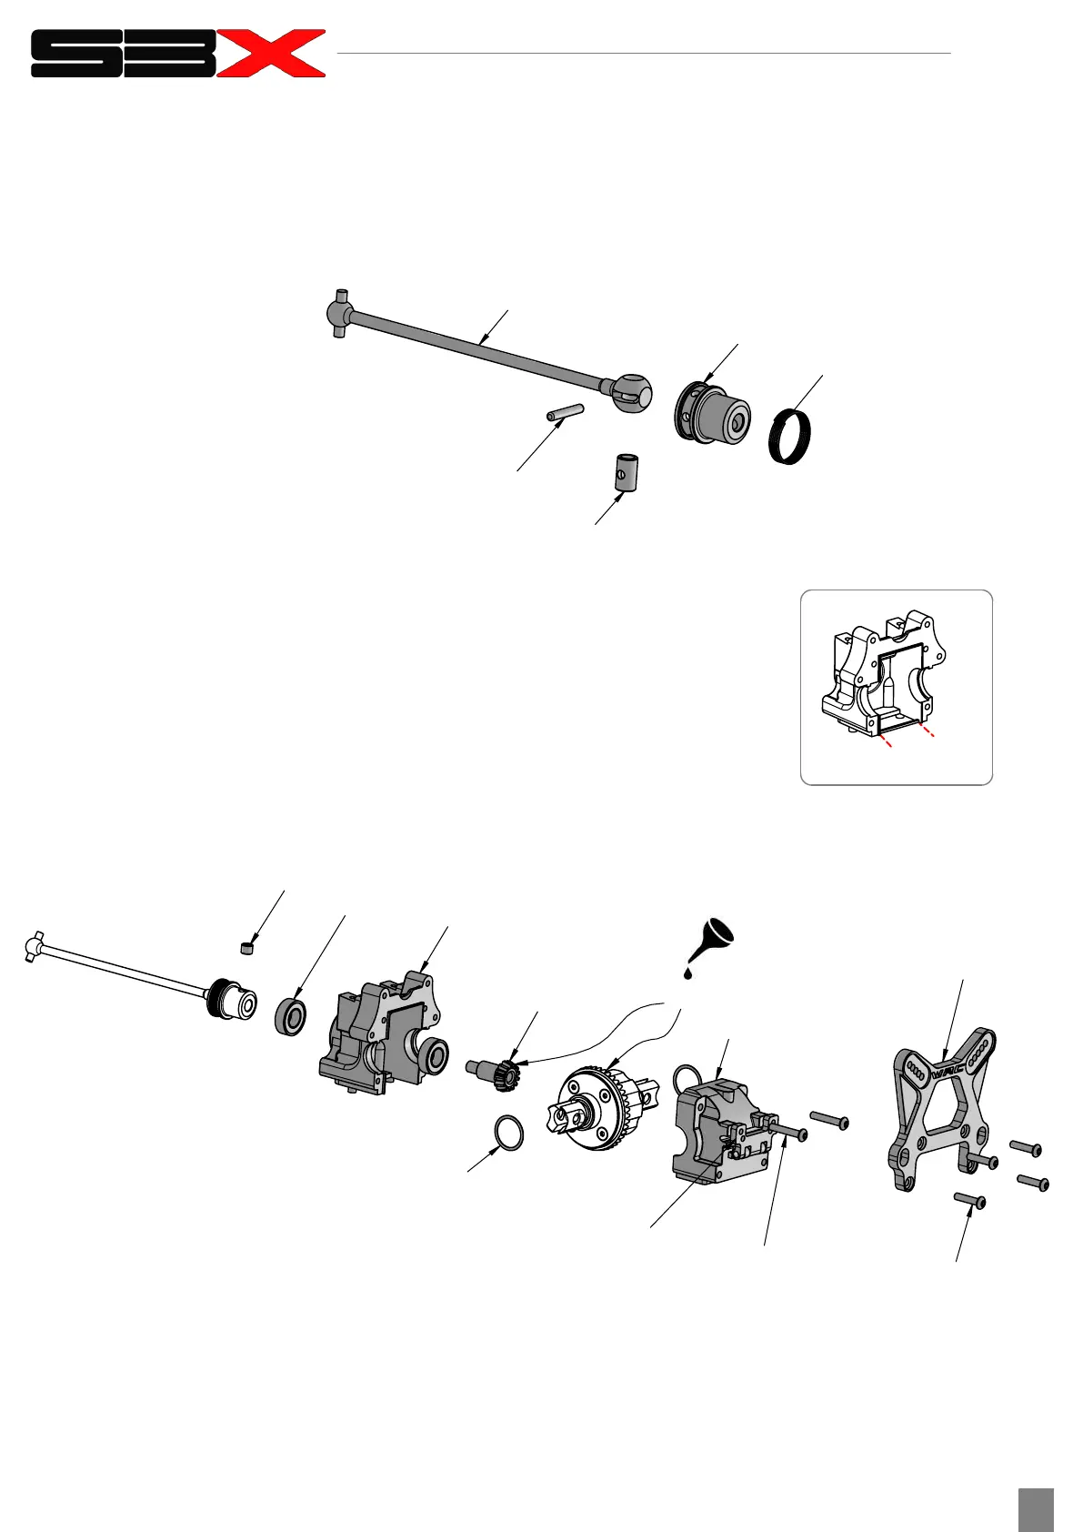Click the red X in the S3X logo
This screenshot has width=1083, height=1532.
click(x=274, y=53)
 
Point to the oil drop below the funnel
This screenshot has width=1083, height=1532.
click(x=688, y=973)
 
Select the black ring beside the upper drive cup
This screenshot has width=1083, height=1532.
click(x=789, y=438)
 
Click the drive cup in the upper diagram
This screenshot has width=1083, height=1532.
click(x=714, y=413)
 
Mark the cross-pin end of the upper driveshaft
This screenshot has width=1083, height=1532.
click(x=339, y=314)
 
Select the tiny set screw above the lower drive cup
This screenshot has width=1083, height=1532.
click(x=246, y=948)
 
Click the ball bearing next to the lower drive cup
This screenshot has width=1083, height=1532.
click(x=291, y=1016)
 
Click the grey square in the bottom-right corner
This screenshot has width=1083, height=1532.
click(x=1036, y=1509)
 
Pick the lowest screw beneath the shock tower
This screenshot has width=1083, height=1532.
click(x=970, y=1201)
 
